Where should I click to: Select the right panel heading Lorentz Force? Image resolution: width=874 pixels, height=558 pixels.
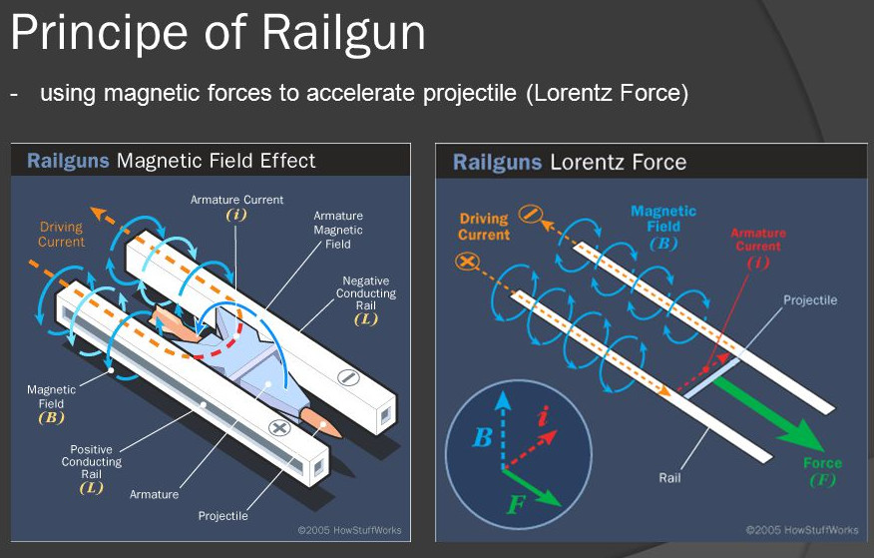[618, 161]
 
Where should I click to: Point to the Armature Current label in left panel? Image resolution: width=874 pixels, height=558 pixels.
[236, 200]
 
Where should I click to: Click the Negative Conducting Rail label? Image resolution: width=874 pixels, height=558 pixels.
[365, 293]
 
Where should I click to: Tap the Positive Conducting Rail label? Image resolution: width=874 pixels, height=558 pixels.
[92, 462]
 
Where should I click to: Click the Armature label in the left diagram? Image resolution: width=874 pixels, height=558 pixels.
[155, 494]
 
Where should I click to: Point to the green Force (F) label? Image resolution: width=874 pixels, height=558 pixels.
[821, 471]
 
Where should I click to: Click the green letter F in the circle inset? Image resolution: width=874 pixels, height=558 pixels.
[515, 503]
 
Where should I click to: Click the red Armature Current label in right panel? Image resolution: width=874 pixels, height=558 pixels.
[758, 240]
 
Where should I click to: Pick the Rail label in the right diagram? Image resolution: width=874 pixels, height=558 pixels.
[669, 478]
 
